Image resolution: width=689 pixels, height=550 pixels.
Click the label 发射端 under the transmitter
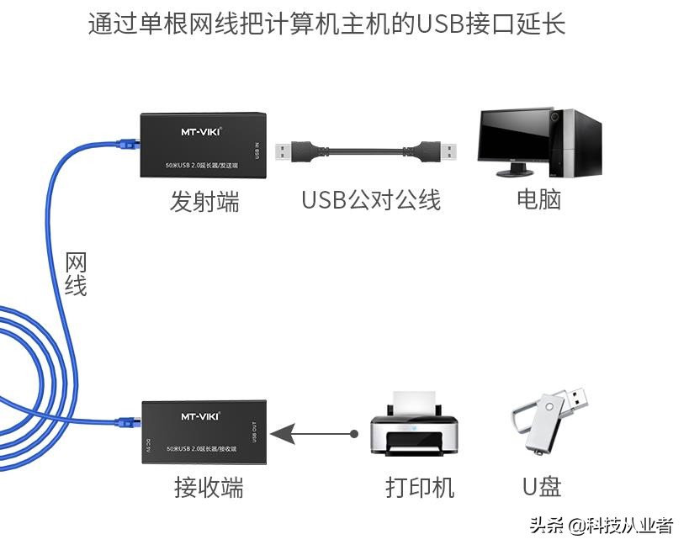(x=204, y=201)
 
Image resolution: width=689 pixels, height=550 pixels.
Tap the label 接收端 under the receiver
(x=209, y=487)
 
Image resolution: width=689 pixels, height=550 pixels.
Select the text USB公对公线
(x=371, y=200)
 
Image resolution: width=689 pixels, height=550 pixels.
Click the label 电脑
(x=538, y=199)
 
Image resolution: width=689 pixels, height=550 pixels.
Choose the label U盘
(x=541, y=486)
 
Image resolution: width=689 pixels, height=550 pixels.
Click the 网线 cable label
(x=76, y=274)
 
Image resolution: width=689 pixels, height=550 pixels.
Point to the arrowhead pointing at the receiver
(x=283, y=434)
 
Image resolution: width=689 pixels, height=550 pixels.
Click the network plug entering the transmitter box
(x=130, y=145)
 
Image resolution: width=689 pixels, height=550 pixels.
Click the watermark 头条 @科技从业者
(x=601, y=526)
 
